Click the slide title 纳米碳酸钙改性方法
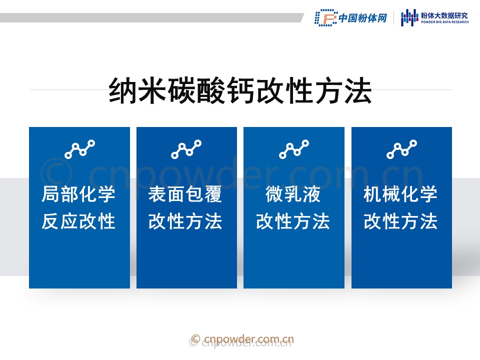click(x=240, y=90)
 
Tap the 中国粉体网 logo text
click(x=363, y=18)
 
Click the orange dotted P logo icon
click(x=326, y=18)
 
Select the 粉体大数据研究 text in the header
click(x=444, y=15)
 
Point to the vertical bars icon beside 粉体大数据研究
click(x=409, y=17)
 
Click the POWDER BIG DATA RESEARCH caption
click(x=444, y=22)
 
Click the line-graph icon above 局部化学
click(x=80, y=149)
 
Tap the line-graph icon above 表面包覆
click(x=186, y=149)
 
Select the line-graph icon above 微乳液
click(x=294, y=149)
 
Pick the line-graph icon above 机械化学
click(x=401, y=149)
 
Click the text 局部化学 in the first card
click(x=78, y=194)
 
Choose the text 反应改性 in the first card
click(x=78, y=221)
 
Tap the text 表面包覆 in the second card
click(x=185, y=194)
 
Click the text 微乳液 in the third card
click(x=293, y=194)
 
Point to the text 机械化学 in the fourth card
click(x=400, y=194)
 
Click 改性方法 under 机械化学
click(x=400, y=221)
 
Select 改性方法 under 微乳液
click(x=293, y=221)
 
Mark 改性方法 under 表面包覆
click(x=185, y=221)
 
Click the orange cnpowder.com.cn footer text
click(x=248, y=339)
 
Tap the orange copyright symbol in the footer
click(x=195, y=339)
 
